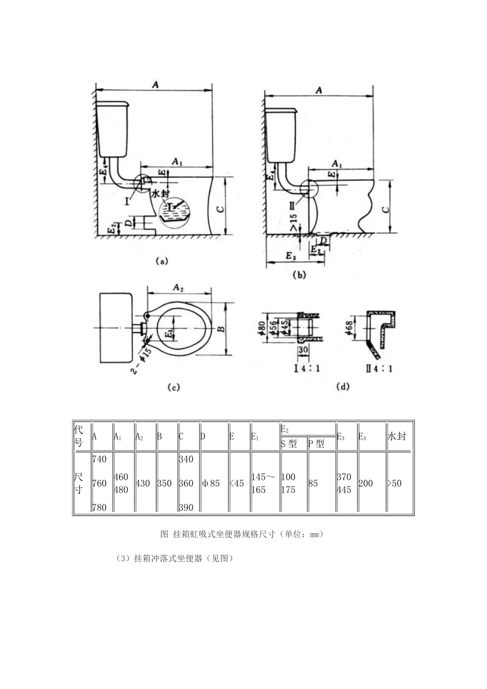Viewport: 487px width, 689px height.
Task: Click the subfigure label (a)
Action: click(161, 260)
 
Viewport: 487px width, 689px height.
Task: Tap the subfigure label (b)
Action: click(298, 275)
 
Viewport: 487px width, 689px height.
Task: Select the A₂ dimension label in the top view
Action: click(178, 288)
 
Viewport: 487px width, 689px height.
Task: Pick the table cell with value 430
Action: click(143, 483)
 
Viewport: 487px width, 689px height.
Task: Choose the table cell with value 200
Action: click(366, 483)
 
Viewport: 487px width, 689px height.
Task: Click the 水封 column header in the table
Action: click(397, 436)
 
